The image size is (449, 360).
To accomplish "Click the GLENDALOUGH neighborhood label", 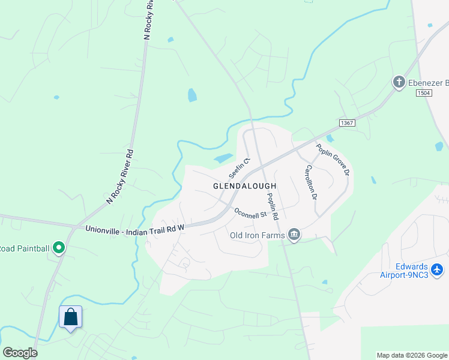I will tap(244, 187).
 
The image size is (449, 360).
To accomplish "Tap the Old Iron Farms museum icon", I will tap(294, 235).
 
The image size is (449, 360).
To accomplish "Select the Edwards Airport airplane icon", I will tap(438, 269).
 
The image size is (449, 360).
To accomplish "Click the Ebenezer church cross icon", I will tap(399, 82).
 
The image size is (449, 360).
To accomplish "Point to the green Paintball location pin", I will tap(58, 247).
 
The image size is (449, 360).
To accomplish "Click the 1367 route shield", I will tap(347, 122).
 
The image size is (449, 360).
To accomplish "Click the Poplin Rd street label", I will tap(273, 206).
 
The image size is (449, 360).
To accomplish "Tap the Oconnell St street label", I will tap(250, 213).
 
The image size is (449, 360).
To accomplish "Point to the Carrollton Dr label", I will tap(310, 182).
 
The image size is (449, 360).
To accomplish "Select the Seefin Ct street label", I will tap(238, 167).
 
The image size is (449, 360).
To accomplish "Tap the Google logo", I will tap(20, 353).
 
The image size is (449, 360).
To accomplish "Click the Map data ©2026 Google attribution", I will tap(412, 355).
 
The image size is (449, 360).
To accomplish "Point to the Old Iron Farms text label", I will tap(257, 235).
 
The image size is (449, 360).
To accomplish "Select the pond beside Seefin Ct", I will tap(223, 158).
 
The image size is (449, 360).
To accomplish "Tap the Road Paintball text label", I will tap(23, 248).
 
